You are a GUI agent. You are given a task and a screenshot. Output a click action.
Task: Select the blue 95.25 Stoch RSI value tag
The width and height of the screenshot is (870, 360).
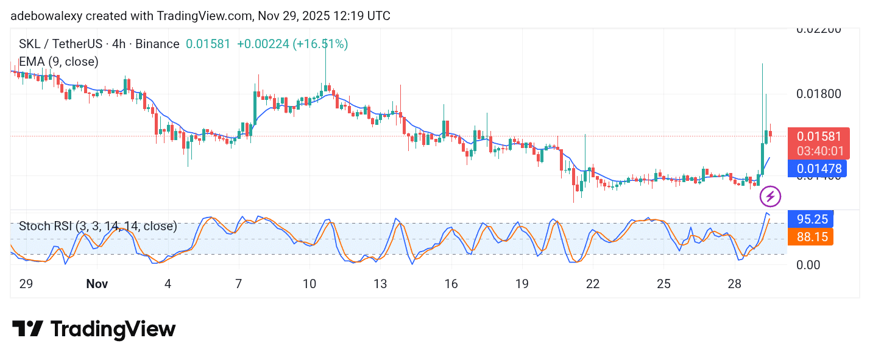810,219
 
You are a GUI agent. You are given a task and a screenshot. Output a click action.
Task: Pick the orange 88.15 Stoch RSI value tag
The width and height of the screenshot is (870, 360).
810,236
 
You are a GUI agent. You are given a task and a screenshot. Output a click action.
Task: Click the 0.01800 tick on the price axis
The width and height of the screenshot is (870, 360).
819,94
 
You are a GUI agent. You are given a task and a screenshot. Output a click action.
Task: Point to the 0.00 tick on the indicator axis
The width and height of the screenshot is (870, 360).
808,264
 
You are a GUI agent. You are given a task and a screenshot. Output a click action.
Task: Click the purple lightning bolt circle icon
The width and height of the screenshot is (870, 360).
770,196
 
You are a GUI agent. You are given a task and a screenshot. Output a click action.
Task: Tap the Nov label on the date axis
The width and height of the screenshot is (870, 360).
97,284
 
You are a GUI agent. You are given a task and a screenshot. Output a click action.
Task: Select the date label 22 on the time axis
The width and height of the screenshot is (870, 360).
592,284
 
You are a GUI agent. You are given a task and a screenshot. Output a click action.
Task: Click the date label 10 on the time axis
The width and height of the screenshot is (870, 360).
309,284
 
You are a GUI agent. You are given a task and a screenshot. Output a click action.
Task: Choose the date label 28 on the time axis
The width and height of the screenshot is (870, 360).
735,284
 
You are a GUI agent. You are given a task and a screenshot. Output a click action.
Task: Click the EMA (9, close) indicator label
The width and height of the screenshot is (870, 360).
58,62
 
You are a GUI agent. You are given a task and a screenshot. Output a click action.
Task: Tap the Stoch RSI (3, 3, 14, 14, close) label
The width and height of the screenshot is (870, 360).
98,227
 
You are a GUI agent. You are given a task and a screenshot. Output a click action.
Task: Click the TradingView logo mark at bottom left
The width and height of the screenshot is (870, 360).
27,329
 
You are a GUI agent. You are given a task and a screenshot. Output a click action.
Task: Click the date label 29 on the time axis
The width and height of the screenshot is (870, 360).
26,284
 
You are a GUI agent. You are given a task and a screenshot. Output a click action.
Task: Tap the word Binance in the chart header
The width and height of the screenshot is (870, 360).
157,44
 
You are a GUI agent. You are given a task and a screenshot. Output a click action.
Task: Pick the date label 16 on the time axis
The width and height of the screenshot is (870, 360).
451,284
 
